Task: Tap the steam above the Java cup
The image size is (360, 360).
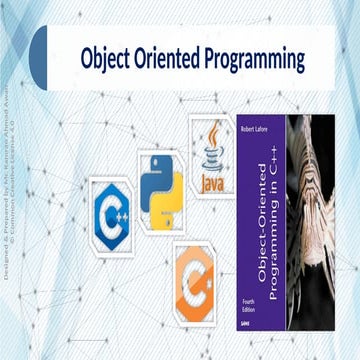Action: pyautogui.click(x=211, y=132)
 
